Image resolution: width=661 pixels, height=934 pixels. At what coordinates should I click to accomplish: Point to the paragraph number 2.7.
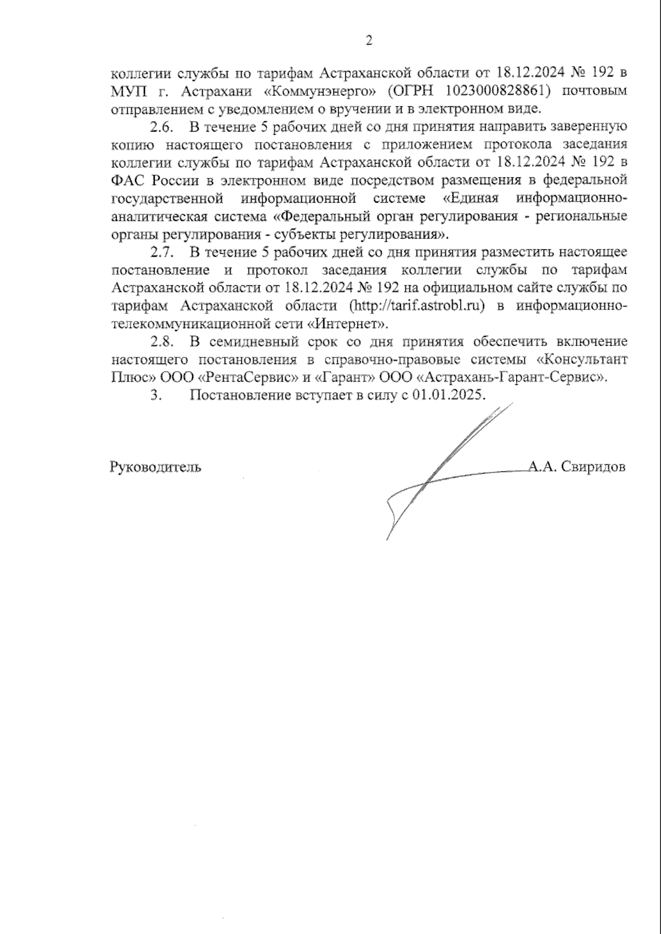click(x=162, y=252)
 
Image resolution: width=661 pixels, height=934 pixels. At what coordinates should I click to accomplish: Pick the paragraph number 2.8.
click(x=162, y=341)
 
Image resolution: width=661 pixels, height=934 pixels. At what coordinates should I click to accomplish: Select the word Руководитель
click(x=155, y=468)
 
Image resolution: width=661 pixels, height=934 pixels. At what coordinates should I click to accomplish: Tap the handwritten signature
click(x=435, y=474)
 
